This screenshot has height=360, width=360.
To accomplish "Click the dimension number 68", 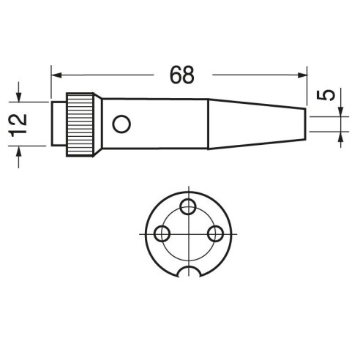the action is click(x=182, y=75).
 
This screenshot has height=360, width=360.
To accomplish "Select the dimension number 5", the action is click(x=326, y=95).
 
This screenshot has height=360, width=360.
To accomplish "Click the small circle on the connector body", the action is click(x=121, y=124).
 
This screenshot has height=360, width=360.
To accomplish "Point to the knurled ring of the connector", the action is click(x=80, y=124).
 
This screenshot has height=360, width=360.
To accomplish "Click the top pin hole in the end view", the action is click(x=188, y=207).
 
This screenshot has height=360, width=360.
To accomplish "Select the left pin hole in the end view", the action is click(x=162, y=233).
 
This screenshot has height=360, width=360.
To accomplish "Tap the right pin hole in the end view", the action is click(x=215, y=233).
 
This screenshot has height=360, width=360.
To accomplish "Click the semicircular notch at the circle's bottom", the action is click(x=189, y=267).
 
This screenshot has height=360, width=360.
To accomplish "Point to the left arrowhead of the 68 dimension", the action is click(x=56, y=75).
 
